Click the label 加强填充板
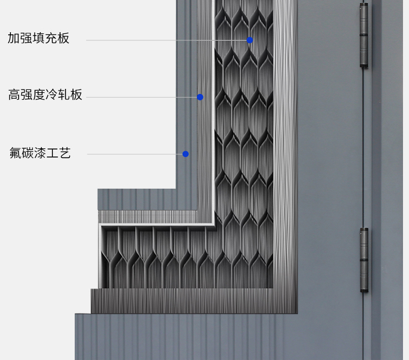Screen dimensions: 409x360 coord(39,38)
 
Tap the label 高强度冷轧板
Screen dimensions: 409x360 coord(45,95)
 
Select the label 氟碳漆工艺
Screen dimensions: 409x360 coord(40,153)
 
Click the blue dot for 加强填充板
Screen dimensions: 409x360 coord(250,40)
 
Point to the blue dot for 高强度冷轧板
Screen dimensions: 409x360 coord(200,97)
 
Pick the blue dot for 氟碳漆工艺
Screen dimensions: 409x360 coord(185,154)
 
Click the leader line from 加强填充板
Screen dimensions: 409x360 coord(164,40)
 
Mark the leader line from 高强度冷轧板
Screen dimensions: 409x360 coord(142,97)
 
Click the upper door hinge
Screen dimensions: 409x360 coord(364,35)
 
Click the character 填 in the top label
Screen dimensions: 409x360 coord(39,38)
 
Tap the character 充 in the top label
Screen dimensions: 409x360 coord(51,38)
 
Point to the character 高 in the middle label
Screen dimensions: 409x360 coord(14,95)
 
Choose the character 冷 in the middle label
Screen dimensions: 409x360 coord(52,95)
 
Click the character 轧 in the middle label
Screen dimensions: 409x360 coord(64,95)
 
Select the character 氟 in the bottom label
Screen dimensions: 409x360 coord(16,153)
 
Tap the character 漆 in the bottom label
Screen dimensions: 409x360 coord(40,153)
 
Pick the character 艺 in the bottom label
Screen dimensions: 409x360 coord(65,153)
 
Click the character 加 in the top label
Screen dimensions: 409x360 coord(14,38)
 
